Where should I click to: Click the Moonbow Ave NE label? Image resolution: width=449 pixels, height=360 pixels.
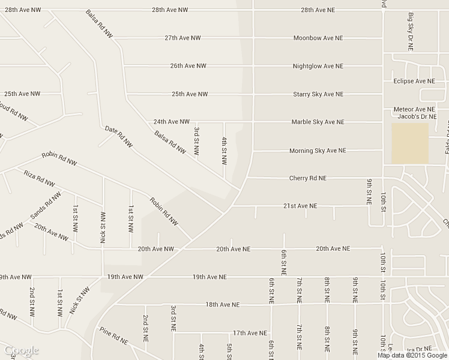318,38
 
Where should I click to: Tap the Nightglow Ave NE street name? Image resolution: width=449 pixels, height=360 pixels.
318,66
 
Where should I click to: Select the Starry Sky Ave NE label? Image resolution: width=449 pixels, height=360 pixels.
318,94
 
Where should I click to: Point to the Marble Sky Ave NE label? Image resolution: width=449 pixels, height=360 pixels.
318,122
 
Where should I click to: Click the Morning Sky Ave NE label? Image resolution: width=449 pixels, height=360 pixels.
318,151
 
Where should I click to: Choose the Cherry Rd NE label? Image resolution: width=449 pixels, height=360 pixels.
308,178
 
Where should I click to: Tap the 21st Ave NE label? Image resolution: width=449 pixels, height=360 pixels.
300,206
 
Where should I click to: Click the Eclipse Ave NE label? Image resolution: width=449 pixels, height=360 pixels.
414,80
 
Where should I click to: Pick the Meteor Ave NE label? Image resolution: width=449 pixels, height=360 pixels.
414,109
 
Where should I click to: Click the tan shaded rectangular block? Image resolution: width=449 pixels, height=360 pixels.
410,143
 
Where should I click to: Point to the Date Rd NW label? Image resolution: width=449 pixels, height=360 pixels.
119,137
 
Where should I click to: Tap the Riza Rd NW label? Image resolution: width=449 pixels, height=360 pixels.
39,178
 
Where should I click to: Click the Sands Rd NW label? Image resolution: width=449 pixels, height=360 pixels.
46,206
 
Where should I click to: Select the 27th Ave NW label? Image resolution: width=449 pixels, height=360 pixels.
182,38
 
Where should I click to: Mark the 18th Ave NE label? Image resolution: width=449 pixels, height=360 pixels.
222,305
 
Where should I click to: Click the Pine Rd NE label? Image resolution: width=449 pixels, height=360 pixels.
114,335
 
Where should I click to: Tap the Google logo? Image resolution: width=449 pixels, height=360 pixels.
21,350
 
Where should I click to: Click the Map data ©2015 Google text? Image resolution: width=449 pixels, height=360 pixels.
412,355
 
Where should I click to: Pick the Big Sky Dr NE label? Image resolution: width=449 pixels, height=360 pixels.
412,28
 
